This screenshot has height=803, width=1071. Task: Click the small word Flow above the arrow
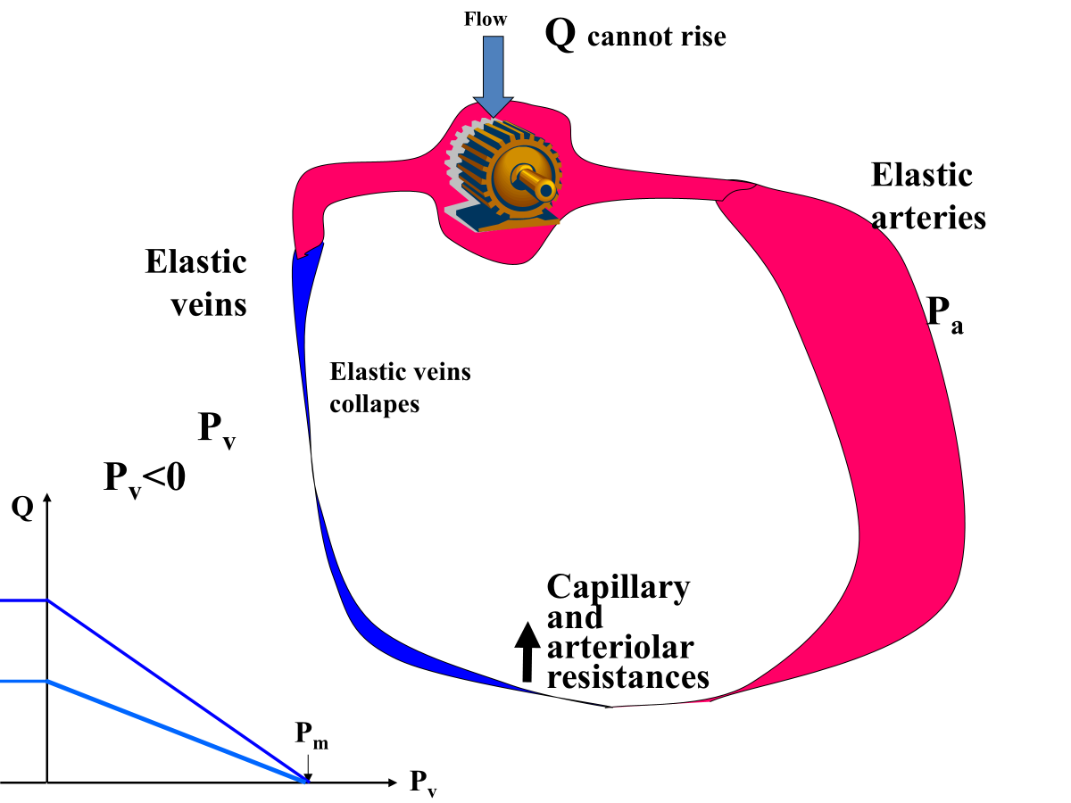[x=485, y=19]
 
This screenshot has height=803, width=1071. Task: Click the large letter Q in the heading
[x=560, y=35]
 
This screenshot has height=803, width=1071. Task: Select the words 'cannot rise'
[x=657, y=37]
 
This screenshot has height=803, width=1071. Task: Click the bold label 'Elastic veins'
[x=196, y=283]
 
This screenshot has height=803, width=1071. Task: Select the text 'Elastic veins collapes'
[x=400, y=387]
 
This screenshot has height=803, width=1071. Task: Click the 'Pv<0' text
[x=145, y=479]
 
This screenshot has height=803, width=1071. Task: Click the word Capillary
[x=618, y=587]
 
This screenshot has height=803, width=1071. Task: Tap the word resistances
[x=627, y=676]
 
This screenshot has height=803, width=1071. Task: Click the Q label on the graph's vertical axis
[x=22, y=509]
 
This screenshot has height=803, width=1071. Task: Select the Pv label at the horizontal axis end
[x=424, y=782]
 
